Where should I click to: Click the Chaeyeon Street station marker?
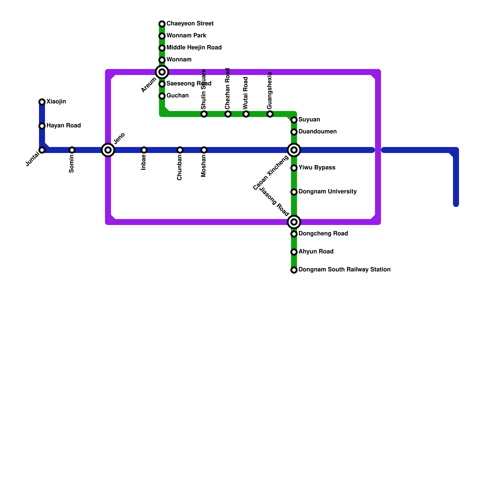(x=162, y=24)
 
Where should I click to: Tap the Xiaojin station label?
(x=56, y=102)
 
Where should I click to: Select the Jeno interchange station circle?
(x=108, y=150)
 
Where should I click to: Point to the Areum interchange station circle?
(x=162, y=72)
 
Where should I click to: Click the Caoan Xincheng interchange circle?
(x=294, y=150)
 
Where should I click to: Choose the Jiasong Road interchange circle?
(x=294, y=222)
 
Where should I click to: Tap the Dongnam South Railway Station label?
(x=344, y=270)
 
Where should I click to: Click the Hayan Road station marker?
(x=42, y=126)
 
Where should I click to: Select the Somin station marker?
(x=72, y=150)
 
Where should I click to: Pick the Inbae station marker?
(x=144, y=150)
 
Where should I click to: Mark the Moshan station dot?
(x=204, y=150)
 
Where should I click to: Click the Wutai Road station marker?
(x=246, y=114)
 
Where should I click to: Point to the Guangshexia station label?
(x=270, y=91)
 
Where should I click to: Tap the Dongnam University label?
(x=328, y=192)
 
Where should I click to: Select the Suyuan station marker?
(x=294, y=120)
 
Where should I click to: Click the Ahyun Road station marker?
(x=294, y=252)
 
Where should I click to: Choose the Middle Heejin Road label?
(x=194, y=48)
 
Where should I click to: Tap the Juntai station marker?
(x=42, y=150)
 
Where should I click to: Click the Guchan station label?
(x=178, y=96)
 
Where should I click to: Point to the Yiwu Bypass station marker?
(x=294, y=168)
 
